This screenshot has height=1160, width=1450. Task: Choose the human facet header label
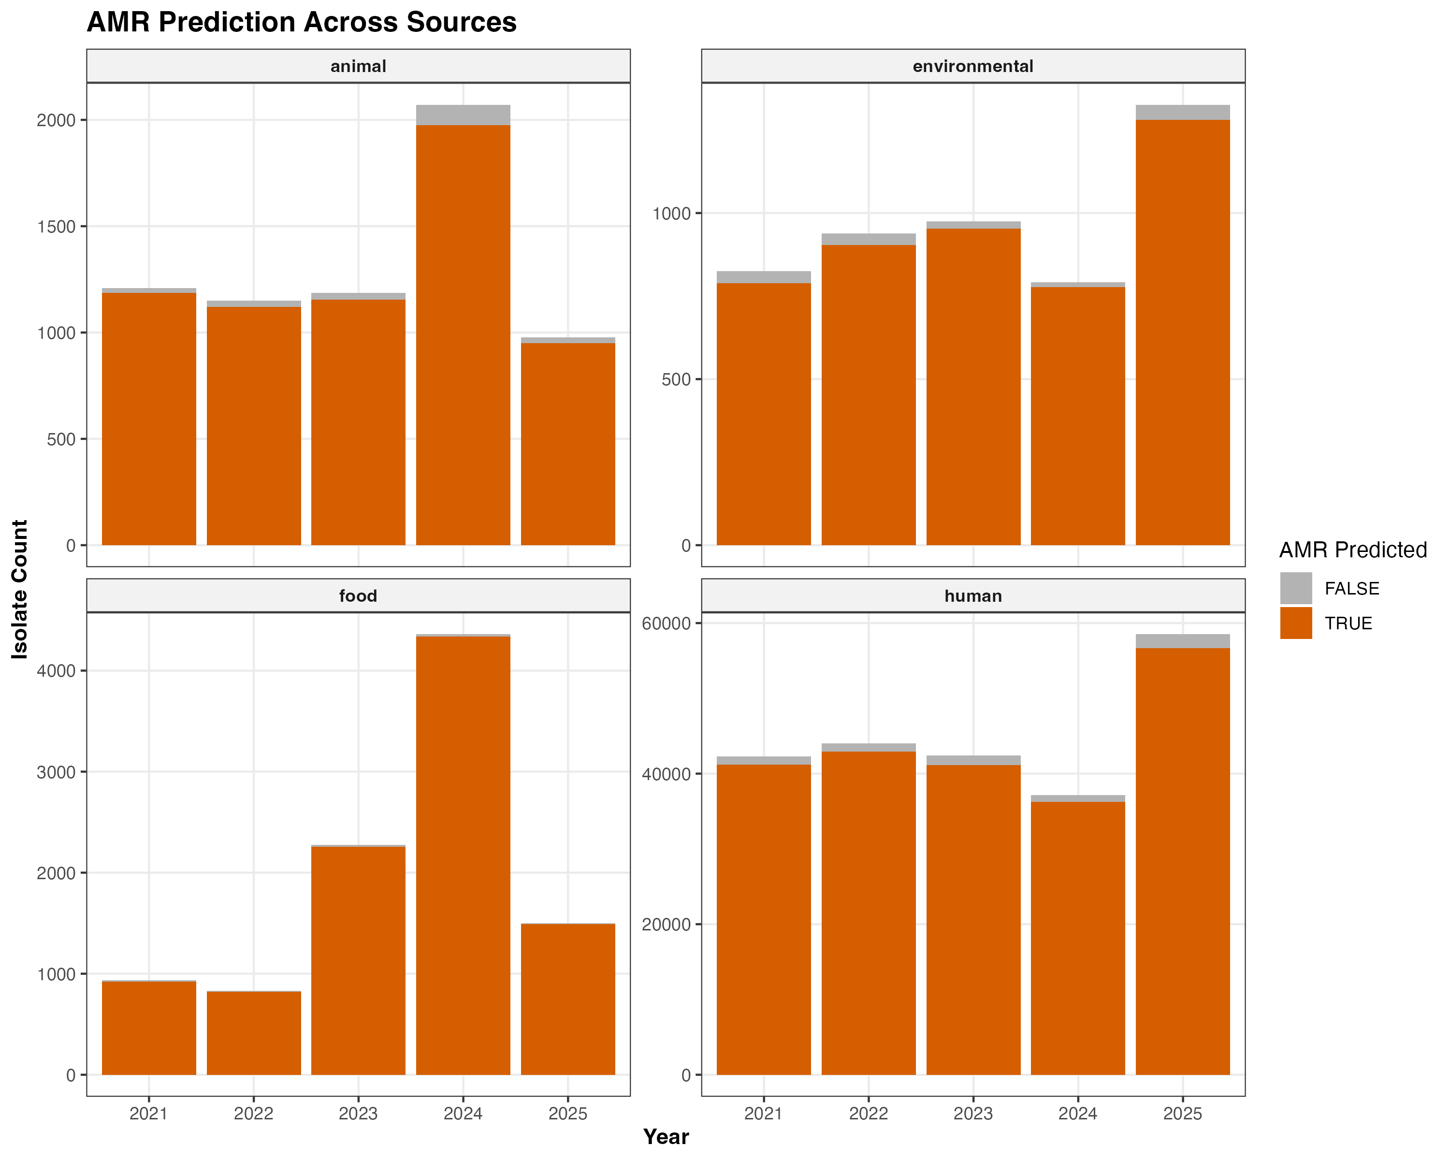[973, 596]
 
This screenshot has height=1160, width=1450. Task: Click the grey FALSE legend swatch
[1296, 588]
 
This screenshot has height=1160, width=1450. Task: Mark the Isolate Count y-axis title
[20, 589]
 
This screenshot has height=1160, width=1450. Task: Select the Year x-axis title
[666, 1136]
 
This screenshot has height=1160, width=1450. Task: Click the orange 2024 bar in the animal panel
[464, 335]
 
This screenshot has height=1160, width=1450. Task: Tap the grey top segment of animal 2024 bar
[464, 115]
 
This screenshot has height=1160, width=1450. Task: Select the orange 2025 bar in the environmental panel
[1183, 332]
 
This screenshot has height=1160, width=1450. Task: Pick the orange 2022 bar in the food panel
[254, 1033]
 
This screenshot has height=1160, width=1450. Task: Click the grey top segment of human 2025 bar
[1183, 641]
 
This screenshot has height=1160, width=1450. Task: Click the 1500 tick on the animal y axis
[57, 227]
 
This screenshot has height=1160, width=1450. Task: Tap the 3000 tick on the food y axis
[57, 772]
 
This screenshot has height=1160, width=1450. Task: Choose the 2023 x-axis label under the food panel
[359, 1114]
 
